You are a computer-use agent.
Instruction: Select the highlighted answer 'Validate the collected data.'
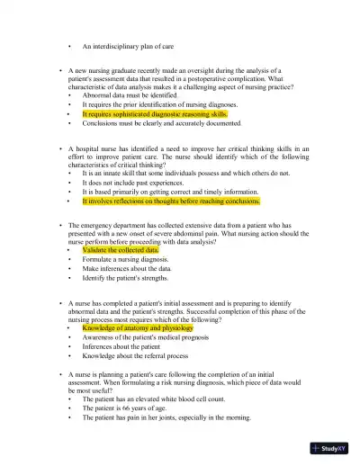pos(121,249)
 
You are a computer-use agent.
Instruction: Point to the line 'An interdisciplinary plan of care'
pos(128,45)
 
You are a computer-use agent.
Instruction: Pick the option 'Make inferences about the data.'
pos(127,269)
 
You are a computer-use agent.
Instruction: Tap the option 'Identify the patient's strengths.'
pos(130,279)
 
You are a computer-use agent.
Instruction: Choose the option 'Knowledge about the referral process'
pos(136,358)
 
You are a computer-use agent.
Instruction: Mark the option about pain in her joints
pos(166,417)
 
